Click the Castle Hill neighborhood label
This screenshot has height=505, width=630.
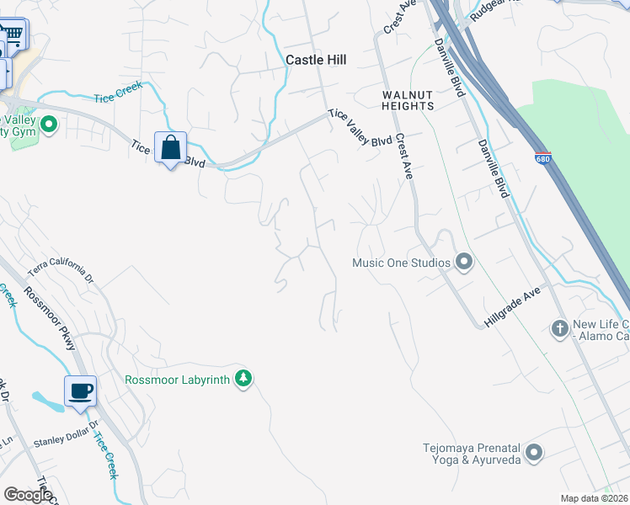tap(316, 60)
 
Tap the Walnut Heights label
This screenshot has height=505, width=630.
tap(408, 100)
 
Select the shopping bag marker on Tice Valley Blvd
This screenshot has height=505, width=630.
tap(170, 148)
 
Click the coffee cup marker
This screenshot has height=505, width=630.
tap(81, 391)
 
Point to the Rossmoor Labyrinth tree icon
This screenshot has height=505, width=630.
tap(243, 379)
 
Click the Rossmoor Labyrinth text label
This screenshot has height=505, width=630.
tap(177, 380)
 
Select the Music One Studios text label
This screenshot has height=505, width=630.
tap(401, 263)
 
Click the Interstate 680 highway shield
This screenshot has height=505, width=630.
tap(542, 157)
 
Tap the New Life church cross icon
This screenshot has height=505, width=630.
tap(560, 328)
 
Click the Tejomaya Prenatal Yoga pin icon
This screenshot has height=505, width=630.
tap(533, 454)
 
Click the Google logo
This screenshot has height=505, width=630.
tap(28, 494)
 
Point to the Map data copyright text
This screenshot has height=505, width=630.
tap(594, 498)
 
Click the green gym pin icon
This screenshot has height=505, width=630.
tap(49, 126)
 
